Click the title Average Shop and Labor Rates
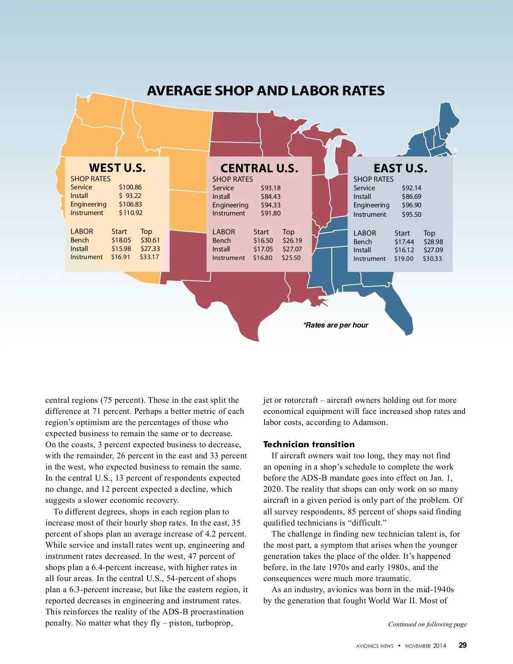(x=265, y=91)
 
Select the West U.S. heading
(x=117, y=168)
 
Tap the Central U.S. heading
(x=259, y=168)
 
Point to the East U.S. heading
(x=400, y=168)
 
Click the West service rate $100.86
(x=130, y=187)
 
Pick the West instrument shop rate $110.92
(x=130, y=213)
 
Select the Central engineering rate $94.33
(x=271, y=205)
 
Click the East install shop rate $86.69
(x=411, y=197)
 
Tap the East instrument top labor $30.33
(x=432, y=259)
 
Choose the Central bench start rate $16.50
(x=263, y=241)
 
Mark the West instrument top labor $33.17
(x=149, y=257)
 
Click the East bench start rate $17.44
(x=404, y=242)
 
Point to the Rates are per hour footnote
(x=336, y=325)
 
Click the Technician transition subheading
(x=309, y=444)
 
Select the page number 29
(x=463, y=645)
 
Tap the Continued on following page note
(x=427, y=624)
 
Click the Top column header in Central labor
(x=288, y=232)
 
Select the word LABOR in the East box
(x=365, y=233)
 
